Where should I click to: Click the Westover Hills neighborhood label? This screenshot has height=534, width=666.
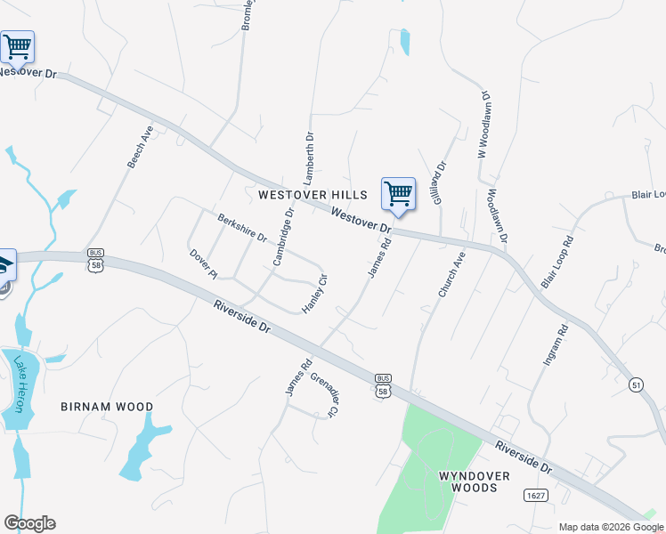click(313, 195)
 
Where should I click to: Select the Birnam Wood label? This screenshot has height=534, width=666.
click(107, 407)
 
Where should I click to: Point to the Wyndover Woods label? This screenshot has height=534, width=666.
click(475, 481)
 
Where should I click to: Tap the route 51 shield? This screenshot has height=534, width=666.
click(636, 384)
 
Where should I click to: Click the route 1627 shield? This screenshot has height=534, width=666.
click(536, 495)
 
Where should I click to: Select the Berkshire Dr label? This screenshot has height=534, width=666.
click(242, 227)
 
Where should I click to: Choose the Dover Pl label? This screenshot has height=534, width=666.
click(203, 263)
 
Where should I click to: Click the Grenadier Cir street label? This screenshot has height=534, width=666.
click(324, 394)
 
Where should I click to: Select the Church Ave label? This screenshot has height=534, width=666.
click(451, 273)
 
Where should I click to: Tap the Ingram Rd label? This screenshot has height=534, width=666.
click(555, 346)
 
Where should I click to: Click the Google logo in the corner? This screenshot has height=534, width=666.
click(29, 523)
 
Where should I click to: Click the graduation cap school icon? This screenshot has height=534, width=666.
click(5, 264)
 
